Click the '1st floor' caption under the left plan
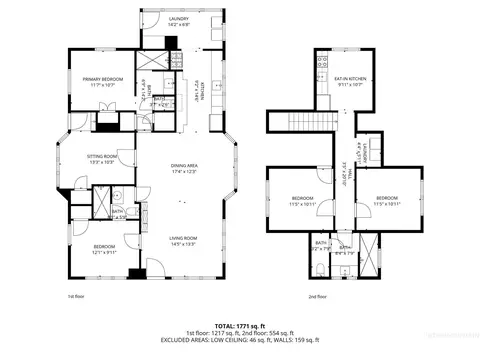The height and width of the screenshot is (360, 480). click(x=75, y=297)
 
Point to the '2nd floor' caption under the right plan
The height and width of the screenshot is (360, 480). click(x=318, y=297)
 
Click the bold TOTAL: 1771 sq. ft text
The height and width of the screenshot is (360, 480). click(x=239, y=325)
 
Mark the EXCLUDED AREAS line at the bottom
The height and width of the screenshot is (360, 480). click(x=239, y=341)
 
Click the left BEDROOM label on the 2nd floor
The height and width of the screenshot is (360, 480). click(x=303, y=198)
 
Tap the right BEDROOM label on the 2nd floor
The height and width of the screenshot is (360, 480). click(x=387, y=198)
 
